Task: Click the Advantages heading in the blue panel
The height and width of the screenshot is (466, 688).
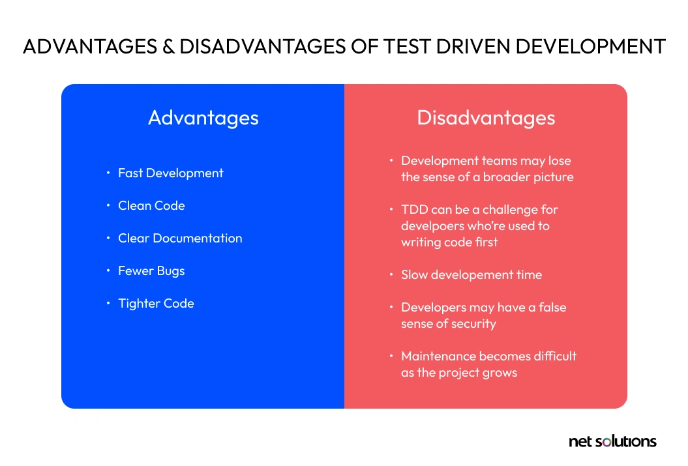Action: [x=203, y=118]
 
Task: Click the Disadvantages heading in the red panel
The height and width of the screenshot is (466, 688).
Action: [x=486, y=118]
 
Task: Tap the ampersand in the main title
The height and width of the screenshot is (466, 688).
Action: [x=168, y=46]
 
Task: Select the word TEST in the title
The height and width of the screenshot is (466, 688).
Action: [x=407, y=46]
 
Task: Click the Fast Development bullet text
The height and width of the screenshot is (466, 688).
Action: [x=171, y=173]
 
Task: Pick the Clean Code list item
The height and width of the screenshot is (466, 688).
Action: [x=151, y=205]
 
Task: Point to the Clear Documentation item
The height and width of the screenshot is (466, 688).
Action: [x=180, y=238]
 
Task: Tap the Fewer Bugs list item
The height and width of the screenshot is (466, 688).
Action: [x=151, y=271]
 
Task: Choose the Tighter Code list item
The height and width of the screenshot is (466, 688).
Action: [x=156, y=303]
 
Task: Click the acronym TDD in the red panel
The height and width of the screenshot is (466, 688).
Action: [x=414, y=210]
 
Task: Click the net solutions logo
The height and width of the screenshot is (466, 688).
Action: [x=612, y=441]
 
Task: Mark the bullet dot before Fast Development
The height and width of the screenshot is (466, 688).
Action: [x=108, y=173]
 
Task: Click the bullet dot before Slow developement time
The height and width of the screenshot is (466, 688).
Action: [x=391, y=274]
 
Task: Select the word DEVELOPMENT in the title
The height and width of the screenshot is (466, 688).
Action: [x=591, y=46]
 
